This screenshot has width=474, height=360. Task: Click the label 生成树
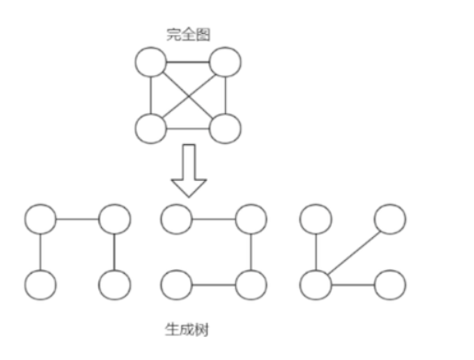184,326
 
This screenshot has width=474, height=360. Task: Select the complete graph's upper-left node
150,63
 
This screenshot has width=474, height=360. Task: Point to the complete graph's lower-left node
150,128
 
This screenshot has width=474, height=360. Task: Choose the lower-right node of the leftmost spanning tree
113,284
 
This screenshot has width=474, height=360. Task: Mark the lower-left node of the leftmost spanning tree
39,284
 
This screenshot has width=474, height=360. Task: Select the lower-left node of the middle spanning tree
175,284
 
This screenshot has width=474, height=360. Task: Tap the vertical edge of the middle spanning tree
251,251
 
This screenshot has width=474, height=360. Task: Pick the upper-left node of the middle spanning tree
175,219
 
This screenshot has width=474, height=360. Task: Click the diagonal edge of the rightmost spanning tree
354,251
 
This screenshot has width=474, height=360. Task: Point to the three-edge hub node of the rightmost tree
316,284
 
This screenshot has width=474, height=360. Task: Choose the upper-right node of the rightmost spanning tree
390,219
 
